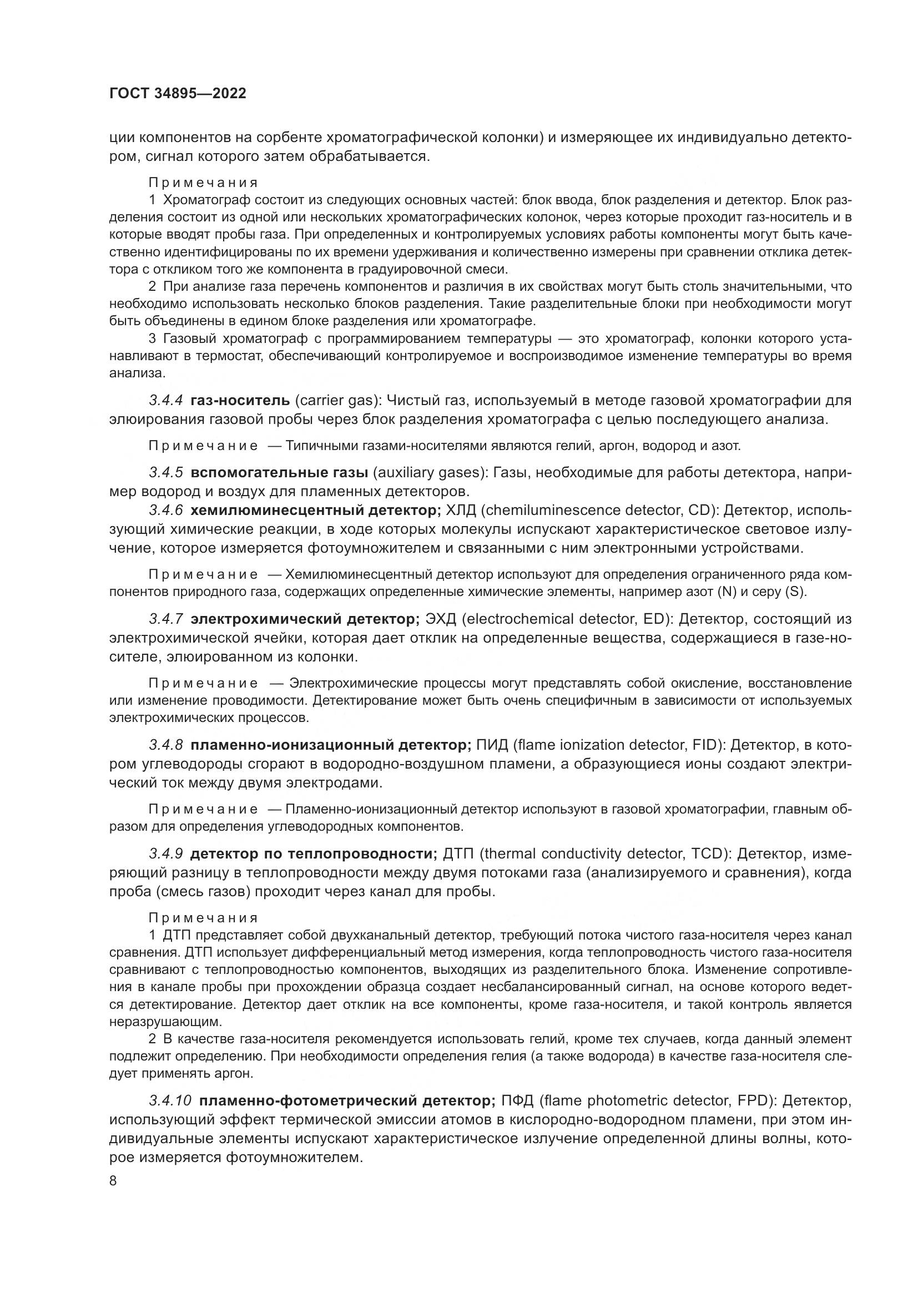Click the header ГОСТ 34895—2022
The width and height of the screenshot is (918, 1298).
tap(178, 94)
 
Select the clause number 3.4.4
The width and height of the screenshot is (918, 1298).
tap(165, 401)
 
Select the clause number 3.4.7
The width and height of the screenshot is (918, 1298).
tap(165, 619)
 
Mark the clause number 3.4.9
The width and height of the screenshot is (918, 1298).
tap(165, 853)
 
